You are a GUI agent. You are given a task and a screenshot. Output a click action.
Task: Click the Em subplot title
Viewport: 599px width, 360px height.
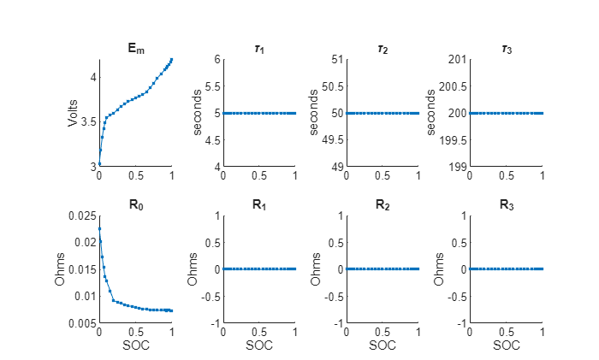click(136, 49)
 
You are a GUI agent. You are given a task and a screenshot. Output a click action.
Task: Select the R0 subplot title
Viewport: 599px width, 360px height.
click(136, 205)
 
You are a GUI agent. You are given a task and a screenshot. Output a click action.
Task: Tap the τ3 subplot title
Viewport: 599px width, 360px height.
click(507, 50)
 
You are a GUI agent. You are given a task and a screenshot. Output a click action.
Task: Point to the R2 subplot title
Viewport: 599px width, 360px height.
click(383, 205)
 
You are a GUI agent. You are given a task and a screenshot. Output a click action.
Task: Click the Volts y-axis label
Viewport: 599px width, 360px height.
click(73, 113)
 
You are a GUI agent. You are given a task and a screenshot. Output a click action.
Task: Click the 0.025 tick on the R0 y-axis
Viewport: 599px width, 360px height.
click(82, 216)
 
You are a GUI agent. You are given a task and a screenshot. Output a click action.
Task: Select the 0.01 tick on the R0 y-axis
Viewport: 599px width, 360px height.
click(86, 296)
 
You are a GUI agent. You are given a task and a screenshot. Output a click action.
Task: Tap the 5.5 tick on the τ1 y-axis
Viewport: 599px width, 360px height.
click(213, 86)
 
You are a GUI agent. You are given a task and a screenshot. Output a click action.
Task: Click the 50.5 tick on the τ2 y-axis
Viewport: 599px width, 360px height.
click(333, 86)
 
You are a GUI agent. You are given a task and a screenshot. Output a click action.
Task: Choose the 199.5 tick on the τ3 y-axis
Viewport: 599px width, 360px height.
click(453, 140)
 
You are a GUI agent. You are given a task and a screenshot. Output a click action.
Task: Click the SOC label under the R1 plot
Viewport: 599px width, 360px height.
click(259, 345)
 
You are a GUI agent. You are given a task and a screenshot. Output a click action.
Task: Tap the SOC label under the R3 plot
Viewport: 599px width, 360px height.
click(507, 345)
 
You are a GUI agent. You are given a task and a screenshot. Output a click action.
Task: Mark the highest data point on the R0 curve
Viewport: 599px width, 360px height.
click(100, 228)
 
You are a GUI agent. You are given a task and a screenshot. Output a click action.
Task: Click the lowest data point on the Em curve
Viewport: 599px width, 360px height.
click(99, 164)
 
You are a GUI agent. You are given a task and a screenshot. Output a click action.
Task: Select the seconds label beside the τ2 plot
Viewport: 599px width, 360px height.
click(314, 113)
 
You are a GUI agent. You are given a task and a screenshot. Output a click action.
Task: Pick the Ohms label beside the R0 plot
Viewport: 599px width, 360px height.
click(60, 269)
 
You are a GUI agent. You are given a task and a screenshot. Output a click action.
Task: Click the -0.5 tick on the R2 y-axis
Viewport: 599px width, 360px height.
click(335, 297)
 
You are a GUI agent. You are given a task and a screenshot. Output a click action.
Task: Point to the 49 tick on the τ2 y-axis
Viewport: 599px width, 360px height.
click(337, 168)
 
